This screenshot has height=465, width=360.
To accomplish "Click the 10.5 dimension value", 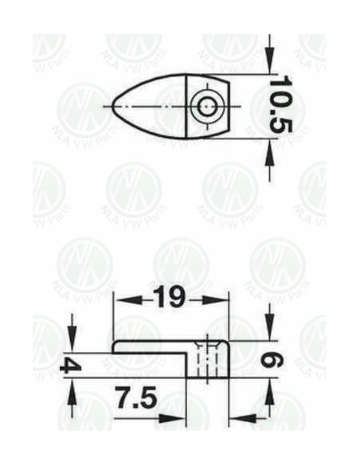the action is point(280,104).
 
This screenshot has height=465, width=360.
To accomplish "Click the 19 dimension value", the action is point(170,297).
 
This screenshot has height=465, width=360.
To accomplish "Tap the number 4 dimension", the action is point(71,365).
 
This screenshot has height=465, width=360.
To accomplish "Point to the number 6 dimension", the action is point(272,360).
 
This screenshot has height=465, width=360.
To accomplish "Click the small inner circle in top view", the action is point(207,106).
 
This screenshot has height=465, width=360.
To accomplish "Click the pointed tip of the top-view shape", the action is point(113,106).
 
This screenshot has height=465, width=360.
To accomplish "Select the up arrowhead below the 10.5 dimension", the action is point(269,152).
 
